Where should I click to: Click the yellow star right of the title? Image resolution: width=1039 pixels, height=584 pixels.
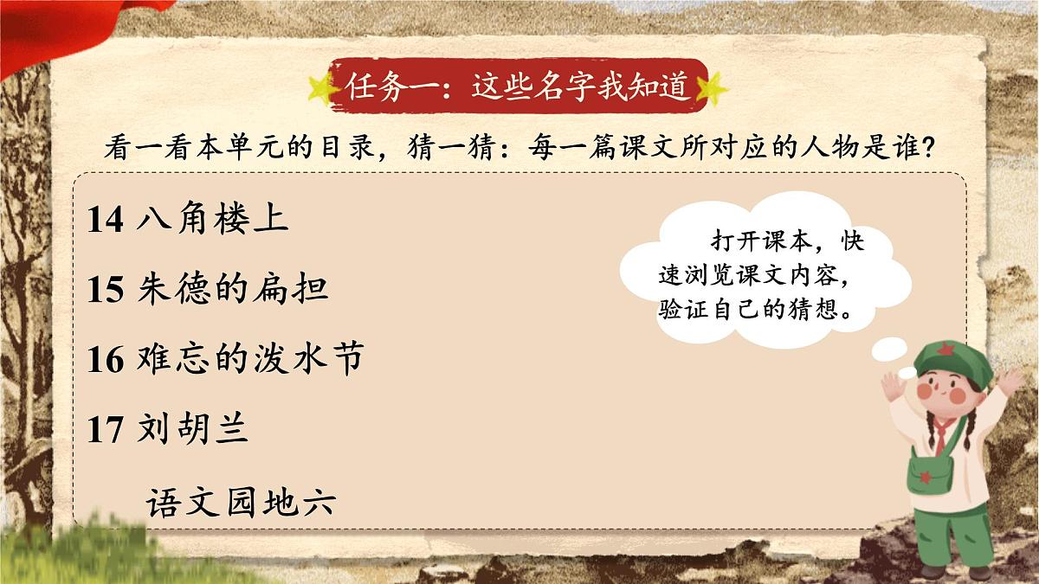tap(713, 87)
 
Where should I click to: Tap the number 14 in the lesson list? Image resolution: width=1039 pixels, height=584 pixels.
tap(106, 221)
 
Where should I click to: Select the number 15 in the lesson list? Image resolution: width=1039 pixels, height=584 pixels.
tap(106, 290)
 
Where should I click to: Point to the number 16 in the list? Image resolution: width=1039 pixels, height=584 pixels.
tap(106, 360)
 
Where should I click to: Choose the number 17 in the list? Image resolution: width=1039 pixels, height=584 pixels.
tap(106, 430)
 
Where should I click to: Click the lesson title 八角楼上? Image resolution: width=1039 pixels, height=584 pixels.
tap(212, 220)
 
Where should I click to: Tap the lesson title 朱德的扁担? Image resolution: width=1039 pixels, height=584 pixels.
tap(233, 289)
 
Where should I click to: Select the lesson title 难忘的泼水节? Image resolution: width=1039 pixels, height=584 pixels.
tap(249, 359)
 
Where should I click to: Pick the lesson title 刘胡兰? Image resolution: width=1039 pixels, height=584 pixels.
tap(193, 429)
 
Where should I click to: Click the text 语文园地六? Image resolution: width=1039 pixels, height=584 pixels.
tap(241, 502)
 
